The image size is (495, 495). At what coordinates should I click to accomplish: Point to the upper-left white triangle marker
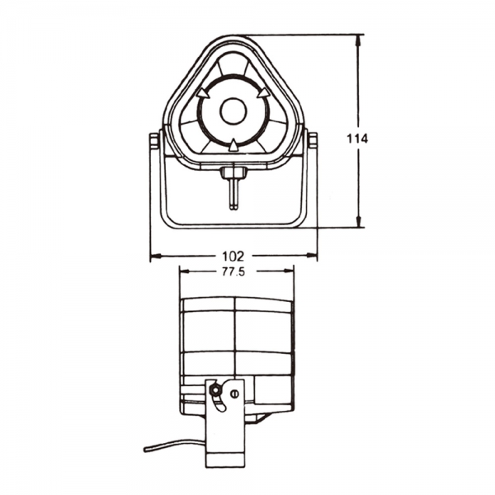click(201, 95)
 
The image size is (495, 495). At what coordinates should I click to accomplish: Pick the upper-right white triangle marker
click(265, 95)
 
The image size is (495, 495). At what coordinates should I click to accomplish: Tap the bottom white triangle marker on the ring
click(233, 146)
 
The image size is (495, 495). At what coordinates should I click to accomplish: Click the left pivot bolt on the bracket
click(154, 142)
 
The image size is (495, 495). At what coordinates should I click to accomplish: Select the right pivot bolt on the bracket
click(312, 141)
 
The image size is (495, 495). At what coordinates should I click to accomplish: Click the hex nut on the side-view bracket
click(215, 389)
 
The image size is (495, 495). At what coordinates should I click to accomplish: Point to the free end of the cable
click(146, 450)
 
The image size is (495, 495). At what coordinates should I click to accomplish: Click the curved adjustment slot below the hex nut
click(219, 403)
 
